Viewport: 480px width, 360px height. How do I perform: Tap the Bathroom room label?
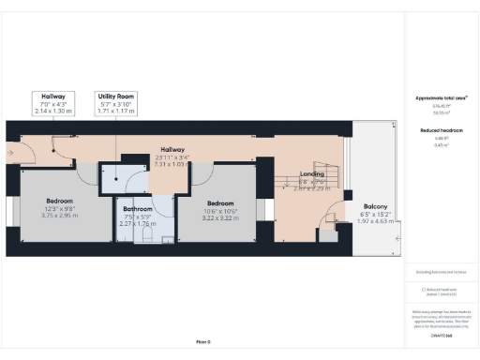(x=136, y=211)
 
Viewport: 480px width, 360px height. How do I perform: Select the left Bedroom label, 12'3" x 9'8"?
(x=60, y=206)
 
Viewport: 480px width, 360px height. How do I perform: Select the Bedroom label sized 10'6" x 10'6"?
(x=220, y=203)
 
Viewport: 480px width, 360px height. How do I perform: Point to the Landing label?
(x=312, y=174)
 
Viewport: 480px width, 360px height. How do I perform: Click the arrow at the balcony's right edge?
(x=397, y=240)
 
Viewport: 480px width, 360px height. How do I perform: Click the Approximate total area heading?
(x=442, y=97)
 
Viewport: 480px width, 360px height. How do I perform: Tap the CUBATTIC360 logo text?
(x=442, y=335)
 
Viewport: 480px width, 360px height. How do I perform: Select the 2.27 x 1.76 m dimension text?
(x=136, y=224)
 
